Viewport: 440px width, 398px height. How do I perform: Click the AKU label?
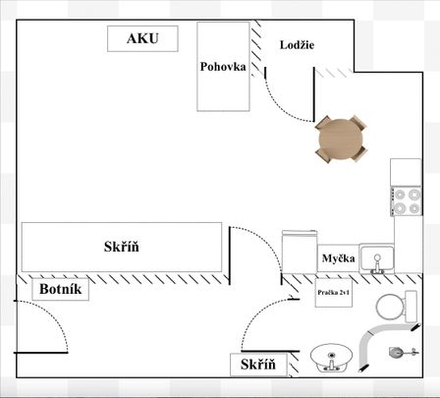(x=142, y=38)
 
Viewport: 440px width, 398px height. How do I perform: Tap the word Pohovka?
(x=223, y=67)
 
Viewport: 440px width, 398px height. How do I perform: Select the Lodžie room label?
(x=297, y=45)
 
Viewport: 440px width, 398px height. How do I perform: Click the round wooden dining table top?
(x=341, y=139)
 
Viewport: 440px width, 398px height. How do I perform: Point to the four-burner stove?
(x=407, y=201)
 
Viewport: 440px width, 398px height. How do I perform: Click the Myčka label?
(x=338, y=258)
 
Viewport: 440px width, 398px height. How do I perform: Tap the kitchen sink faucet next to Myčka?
(x=377, y=264)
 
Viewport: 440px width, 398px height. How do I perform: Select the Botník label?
(x=61, y=289)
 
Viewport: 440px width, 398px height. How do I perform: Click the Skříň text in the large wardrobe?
(x=122, y=247)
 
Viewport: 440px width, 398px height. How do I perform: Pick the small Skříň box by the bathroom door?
(x=258, y=365)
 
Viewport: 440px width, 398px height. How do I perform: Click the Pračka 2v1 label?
(x=334, y=293)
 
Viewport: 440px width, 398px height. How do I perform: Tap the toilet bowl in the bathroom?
(x=390, y=308)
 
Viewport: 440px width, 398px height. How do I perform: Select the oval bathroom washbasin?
(x=331, y=358)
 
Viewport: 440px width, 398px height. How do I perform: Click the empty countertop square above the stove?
(x=406, y=173)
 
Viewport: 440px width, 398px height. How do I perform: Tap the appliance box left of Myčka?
(x=300, y=252)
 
